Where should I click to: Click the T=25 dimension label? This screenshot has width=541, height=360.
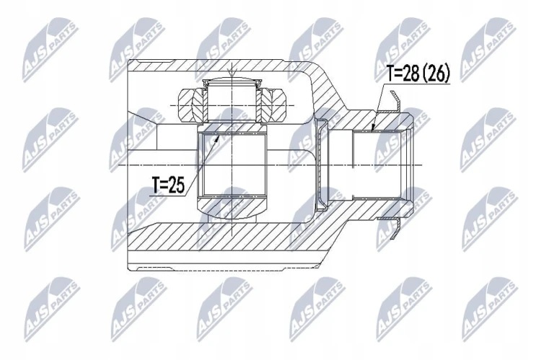click(x=168, y=185)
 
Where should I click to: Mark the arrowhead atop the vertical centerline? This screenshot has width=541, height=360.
click(x=232, y=73)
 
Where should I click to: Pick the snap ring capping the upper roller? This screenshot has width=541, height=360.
click(x=232, y=82)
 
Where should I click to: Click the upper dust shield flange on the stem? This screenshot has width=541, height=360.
click(x=396, y=101)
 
